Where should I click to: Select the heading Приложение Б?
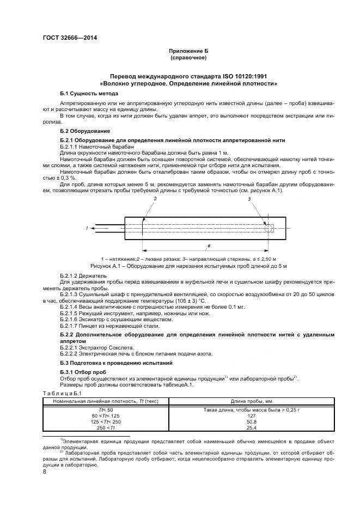(188, 51)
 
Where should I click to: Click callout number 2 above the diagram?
(155, 200)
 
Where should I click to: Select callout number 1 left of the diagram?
(87, 228)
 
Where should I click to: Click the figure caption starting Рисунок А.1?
(188, 266)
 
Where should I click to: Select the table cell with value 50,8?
(251, 421)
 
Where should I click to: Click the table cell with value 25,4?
(251, 427)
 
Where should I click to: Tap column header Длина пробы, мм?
(251, 401)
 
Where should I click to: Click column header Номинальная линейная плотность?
(106, 401)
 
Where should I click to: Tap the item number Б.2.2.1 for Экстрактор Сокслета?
(69, 347)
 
